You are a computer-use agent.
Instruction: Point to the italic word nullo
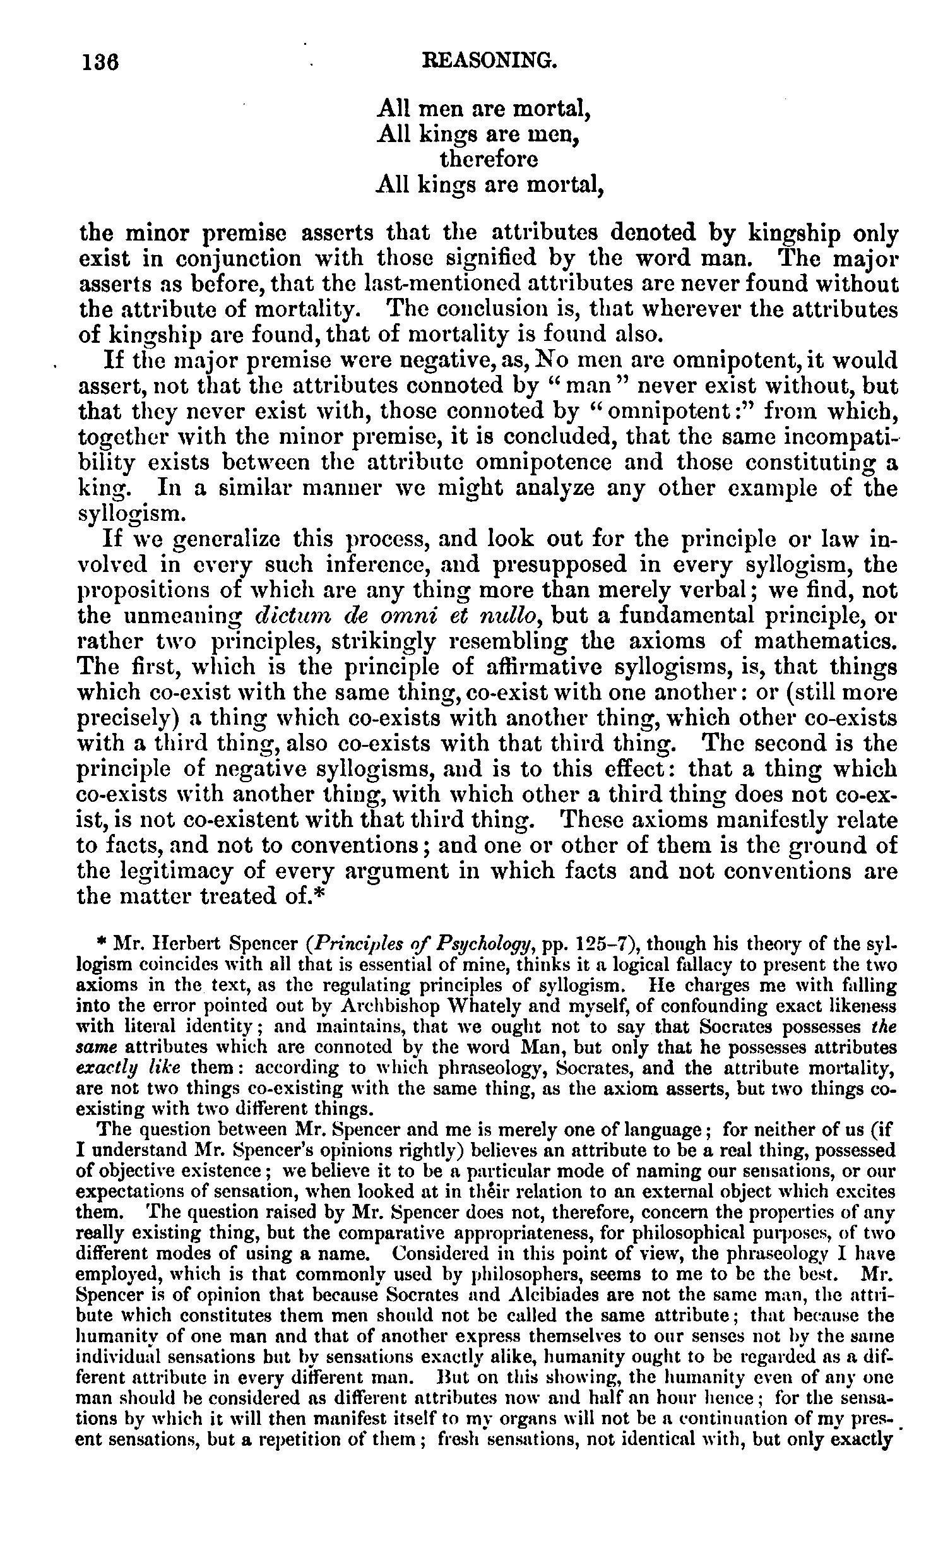click(513, 616)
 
